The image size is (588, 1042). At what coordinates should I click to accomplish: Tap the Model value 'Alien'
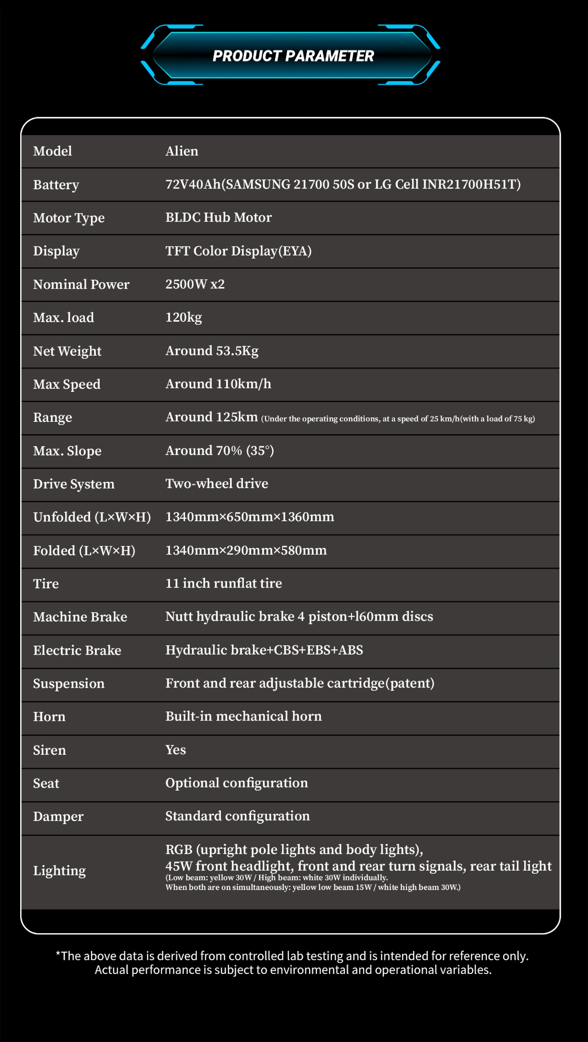182,151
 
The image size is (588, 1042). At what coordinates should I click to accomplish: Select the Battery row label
56,185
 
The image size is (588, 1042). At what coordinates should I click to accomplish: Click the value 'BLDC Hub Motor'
219,218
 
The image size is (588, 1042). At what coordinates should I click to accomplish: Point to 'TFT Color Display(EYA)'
238,251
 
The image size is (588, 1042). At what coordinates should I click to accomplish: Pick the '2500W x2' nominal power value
195,284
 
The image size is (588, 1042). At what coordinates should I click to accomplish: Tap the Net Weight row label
67,351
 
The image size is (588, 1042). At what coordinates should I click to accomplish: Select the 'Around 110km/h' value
218,384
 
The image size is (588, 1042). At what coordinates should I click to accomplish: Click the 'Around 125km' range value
211,417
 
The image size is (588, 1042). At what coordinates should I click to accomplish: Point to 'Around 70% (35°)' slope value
219,451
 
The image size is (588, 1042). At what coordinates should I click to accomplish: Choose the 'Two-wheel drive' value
217,484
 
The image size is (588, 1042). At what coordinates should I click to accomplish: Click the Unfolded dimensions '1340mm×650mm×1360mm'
250,517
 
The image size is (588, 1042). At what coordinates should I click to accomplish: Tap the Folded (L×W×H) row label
84,551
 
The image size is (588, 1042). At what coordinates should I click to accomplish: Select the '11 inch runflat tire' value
224,583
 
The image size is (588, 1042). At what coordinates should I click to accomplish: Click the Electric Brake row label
77,650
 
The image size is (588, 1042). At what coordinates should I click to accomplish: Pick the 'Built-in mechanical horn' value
244,716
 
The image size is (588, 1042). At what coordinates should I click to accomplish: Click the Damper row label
58,817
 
